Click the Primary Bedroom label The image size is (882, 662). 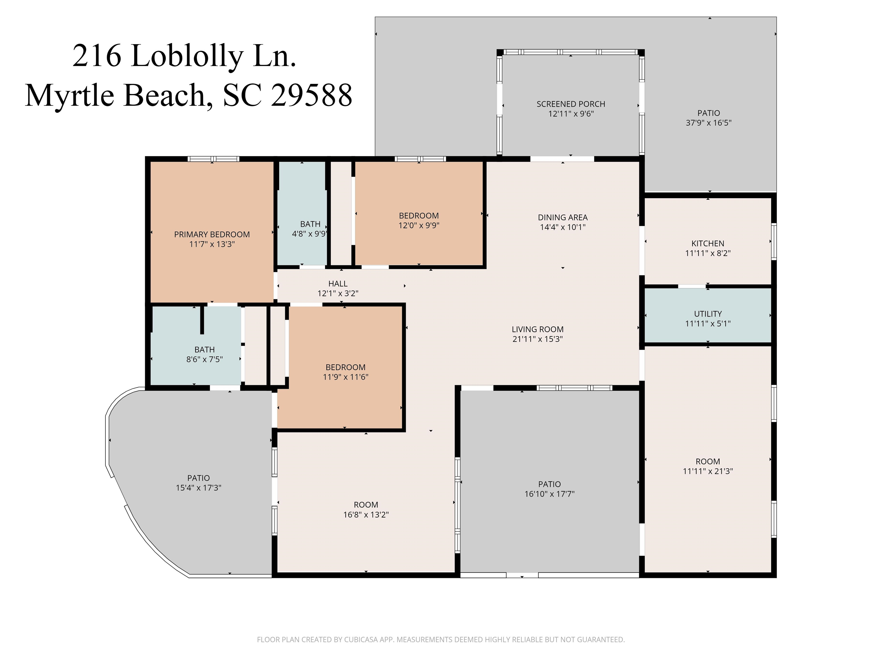212,235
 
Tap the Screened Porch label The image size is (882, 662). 570,104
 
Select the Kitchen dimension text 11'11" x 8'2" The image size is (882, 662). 708,253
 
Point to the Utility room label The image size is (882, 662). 708,314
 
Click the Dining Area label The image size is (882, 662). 563,218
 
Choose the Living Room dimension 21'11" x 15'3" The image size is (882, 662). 537,339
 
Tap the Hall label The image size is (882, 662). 338,284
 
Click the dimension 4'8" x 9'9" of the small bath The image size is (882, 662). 310,234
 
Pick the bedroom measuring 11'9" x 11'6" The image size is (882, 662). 345,367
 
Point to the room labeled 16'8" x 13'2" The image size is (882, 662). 366,505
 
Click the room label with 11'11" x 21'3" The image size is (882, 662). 708,462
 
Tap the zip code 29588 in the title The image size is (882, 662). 312,95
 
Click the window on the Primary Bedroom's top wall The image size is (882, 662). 213,159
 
